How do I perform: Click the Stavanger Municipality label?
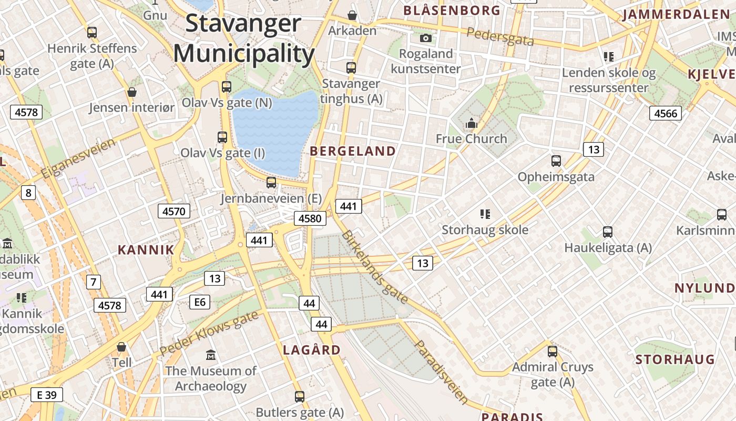(244, 38)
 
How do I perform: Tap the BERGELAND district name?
(353, 152)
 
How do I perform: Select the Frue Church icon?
(472, 124)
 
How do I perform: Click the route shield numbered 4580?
(310, 218)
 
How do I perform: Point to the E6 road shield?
(200, 302)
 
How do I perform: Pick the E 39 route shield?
(46, 395)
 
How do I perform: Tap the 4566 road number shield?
(666, 113)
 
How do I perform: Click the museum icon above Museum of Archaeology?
(211, 355)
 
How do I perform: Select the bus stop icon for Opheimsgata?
(556, 161)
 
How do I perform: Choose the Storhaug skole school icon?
(485, 214)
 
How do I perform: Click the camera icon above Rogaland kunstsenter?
(426, 38)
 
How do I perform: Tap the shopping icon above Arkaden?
(352, 15)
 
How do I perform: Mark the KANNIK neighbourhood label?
(146, 250)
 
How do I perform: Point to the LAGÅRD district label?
(312, 350)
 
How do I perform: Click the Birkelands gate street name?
(374, 267)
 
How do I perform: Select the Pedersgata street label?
(500, 36)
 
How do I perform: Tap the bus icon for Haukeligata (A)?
(608, 232)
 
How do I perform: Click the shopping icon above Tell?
(121, 347)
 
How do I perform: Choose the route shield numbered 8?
(28, 193)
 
